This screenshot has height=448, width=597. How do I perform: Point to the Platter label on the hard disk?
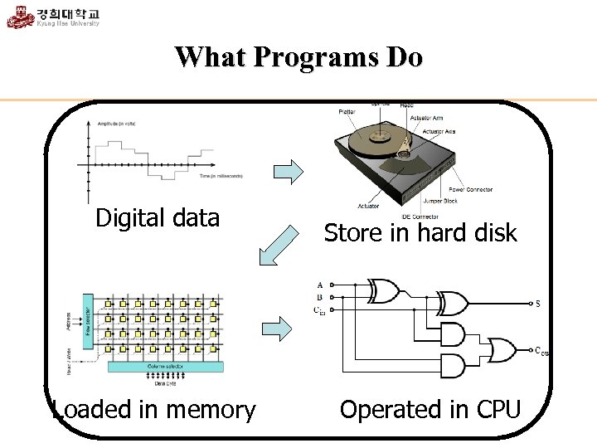coord(347,112)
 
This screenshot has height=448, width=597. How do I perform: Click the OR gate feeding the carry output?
coord(502,350)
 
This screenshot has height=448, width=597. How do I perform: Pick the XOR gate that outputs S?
coord(453,302)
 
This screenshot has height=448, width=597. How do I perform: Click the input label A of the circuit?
coord(320,285)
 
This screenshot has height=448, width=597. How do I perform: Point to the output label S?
coord(538,304)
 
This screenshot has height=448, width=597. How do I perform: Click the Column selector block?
coord(166,367)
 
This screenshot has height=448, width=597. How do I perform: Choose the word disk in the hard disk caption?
coord(494,233)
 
